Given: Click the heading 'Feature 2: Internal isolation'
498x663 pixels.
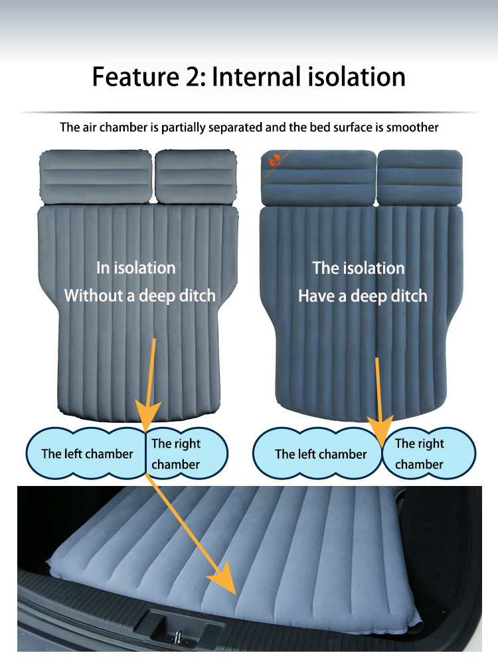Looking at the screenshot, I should click(x=249, y=77).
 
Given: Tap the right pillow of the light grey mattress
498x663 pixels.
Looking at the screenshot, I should click(x=197, y=177).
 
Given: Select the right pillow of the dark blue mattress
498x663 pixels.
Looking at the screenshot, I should click(x=420, y=177).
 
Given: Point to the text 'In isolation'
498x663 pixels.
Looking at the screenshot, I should click(x=136, y=268).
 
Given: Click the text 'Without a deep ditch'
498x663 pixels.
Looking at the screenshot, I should click(x=139, y=295).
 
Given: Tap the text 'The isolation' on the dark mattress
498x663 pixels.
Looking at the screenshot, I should click(x=359, y=268).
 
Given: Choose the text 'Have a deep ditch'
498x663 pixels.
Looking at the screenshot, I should click(x=363, y=295).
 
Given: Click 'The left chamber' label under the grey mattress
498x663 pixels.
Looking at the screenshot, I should click(x=87, y=454).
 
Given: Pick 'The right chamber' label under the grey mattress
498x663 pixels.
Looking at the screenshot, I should click(x=176, y=454).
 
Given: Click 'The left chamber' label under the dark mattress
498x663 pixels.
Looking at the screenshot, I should click(x=321, y=454).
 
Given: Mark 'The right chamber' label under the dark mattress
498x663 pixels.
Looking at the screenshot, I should click(x=420, y=454).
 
